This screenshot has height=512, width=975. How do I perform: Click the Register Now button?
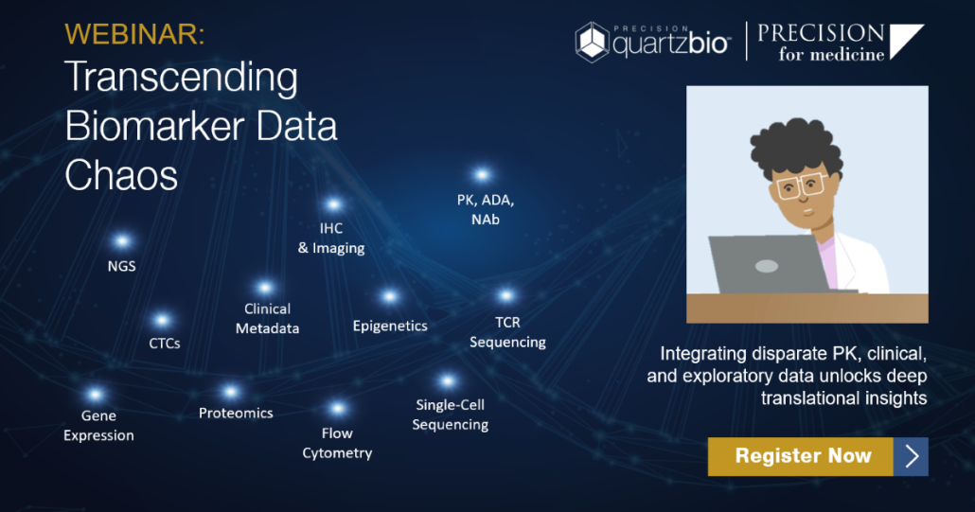pyautogui.click(x=818, y=456)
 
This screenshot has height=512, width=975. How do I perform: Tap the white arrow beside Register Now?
pyautogui.click(x=913, y=456)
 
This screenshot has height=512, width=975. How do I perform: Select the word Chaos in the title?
pyautogui.click(x=121, y=174)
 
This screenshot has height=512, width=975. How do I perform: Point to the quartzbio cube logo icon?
pyautogui.click(x=592, y=43)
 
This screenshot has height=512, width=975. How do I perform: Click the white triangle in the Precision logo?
pyautogui.click(x=905, y=40)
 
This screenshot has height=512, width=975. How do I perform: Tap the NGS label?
pyautogui.click(x=122, y=266)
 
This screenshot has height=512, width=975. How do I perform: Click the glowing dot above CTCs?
pyautogui.click(x=162, y=320)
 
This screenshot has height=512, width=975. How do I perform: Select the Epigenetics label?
pyautogui.click(x=390, y=327)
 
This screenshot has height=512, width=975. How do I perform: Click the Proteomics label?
pyautogui.click(x=236, y=414)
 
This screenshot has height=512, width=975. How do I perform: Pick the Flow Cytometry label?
pyautogui.click(x=337, y=443)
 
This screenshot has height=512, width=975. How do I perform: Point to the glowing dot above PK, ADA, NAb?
pyautogui.click(x=482, y=175)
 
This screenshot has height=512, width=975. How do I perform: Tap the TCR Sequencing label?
pyautogui.click(x=507, y=332)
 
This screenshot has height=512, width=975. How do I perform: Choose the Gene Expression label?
pyautogui.click(x=98, y=426)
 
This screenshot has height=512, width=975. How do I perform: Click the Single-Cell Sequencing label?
pyautogui.click(x=451, y=415)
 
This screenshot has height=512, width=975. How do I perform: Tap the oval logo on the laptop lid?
pyautogui.click(x=767, y=267)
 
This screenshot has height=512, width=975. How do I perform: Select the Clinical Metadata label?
pyautogui.click(x=267, y=319)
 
